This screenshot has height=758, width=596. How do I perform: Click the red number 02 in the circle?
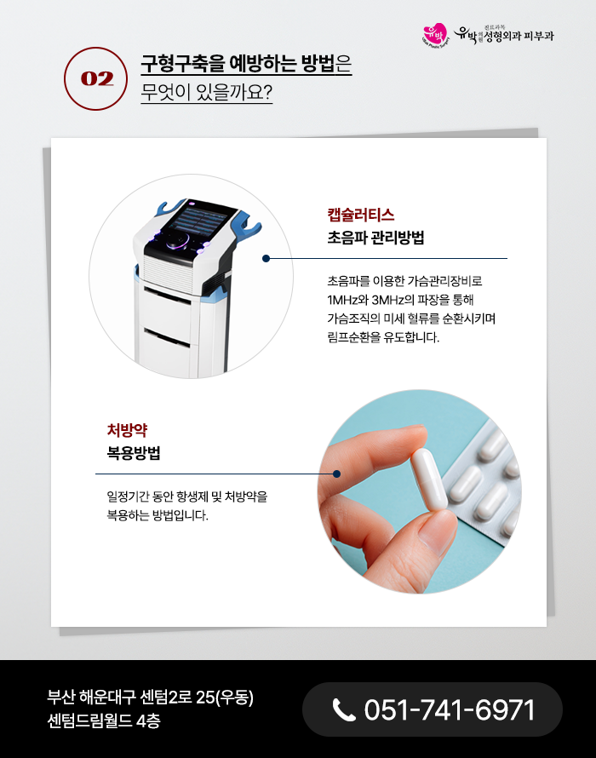click(97, 79)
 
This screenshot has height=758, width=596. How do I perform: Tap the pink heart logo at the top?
click(434, 35)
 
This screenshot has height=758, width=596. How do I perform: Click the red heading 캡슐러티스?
click(361, 215)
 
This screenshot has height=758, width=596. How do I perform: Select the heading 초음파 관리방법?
click(375, 238)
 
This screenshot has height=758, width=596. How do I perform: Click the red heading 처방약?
click(127, 430)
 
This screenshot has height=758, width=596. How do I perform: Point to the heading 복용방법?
click(134, 453)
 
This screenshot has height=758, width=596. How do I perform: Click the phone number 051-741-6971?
click(449, 709)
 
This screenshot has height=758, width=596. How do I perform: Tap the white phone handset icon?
click(344, 710)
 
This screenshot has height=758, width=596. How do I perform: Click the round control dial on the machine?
click(178, 241)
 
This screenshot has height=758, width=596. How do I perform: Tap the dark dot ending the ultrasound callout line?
click(266, 259)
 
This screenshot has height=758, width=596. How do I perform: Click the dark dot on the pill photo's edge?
click(337, 474)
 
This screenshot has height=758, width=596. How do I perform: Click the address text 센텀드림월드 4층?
click(103, 721)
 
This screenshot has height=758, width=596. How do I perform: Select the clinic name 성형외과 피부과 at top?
click(519, 36)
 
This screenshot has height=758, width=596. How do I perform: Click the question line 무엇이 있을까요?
click(207, 92)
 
